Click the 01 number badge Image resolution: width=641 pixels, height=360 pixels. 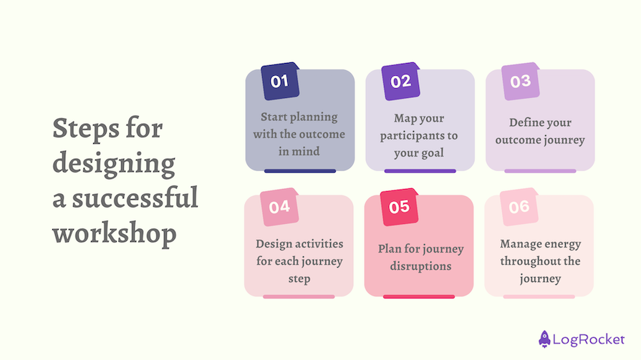[x=279, y=81]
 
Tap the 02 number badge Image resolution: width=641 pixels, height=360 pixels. [x=400, y=81]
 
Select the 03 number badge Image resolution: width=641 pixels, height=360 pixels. [x=520, y=82]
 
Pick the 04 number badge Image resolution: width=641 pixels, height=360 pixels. [x=279, y=207]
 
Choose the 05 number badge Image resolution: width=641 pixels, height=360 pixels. [x=399, y=207]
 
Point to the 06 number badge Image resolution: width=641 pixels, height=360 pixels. [x=519, y=207]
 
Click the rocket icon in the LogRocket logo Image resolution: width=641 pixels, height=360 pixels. [x=545, y=338]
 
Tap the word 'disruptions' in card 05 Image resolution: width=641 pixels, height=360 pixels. [x=421, y=266]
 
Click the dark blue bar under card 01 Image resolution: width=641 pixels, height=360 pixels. [x=300, y=171]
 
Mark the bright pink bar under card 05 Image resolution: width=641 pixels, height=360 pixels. [x=419, y=296]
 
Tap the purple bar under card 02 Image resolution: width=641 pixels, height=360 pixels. [x=420, y=171]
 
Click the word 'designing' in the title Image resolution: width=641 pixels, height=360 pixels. [x=114, y=165]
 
